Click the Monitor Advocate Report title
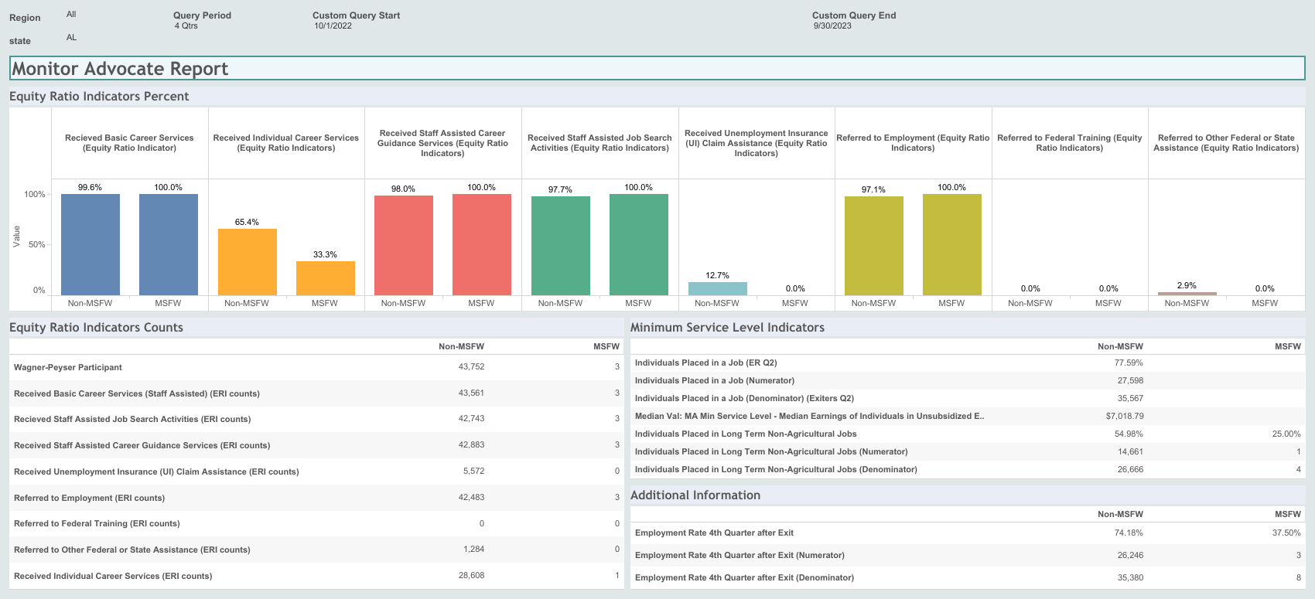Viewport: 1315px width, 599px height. pos(120,69)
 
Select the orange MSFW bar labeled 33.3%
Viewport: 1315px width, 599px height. pos(325,278)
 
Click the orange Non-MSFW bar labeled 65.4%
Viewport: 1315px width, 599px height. pos(247,262)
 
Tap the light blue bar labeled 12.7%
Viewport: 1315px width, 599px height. pos(717,288)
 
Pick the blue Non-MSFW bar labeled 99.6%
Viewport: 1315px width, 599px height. pos(91,244)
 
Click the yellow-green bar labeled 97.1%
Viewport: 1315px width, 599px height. pos(873,246)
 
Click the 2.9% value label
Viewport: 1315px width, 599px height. pos(1186,285)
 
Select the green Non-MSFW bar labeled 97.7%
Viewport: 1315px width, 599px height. pos(560,246)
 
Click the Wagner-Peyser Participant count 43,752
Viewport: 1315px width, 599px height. pos(471,367)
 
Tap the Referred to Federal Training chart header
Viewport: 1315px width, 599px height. pos(1069,143)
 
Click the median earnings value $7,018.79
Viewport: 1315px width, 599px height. pos(1124,416)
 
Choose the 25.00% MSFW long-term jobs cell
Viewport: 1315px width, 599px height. pos(1286,434)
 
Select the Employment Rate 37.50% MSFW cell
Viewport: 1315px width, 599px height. pos(1286,533)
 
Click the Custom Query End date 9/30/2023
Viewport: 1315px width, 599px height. pos(832,26)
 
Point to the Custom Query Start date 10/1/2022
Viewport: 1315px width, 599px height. pos(333,26)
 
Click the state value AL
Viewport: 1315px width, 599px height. pos(71,37)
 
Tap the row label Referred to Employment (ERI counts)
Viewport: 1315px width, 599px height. pos(89,498)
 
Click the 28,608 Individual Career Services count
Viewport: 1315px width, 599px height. pos(471,576)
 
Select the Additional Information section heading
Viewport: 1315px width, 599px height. pos(695,495)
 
